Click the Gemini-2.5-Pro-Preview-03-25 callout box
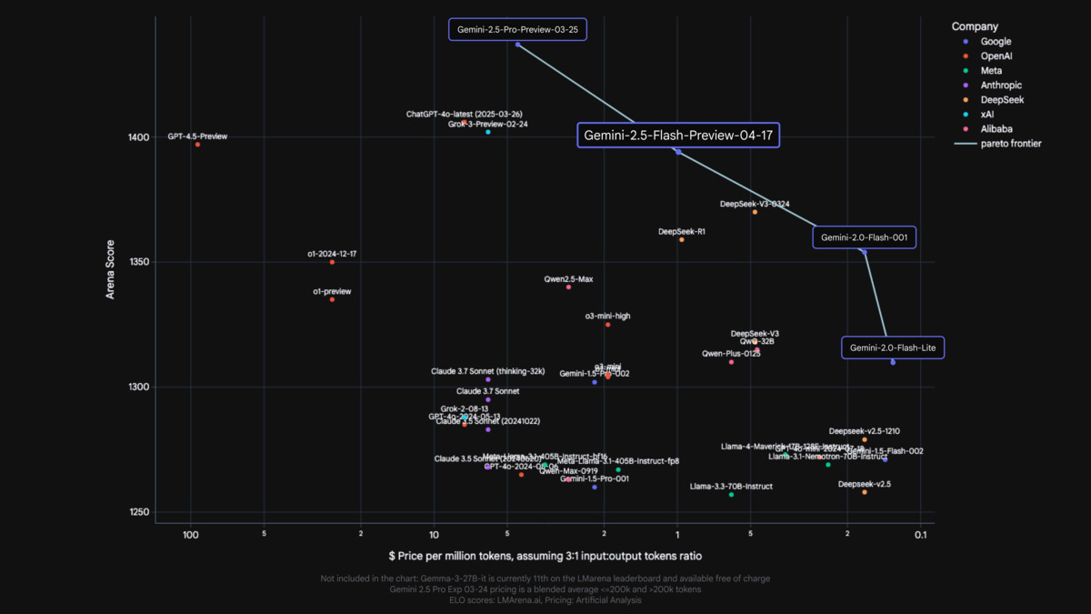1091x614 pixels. pyautogui.click(x=517, y=30)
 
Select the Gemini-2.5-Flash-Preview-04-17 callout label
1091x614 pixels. pyautogui.click(x=677, y=136)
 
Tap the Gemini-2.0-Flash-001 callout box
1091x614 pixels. pyautogui.click(x=865, y=237)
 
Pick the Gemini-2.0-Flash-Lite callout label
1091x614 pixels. pyautogui.click(x=893, y=347)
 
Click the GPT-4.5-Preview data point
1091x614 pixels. pyautogui.click(x=197, y=145)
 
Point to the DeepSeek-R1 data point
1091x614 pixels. pyautogui.click(x=682, y=240)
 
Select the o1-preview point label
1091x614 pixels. pyautogui.click(x=332, y=291)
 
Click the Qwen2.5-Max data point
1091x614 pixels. pyautogui.click(x=569, y=287)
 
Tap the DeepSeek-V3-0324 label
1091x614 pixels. pyautogui.click(x=754, y=204)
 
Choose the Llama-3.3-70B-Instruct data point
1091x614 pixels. pyautogui.click(x=731, y=495)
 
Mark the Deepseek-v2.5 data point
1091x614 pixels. pyautogui.click(x=865, y=492)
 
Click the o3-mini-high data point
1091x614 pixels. pyautogui.click(x=607, y=325)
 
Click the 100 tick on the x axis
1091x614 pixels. pyautogui.click(x=190, y=534)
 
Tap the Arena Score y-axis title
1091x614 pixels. pyautogui.click(x=110, y=268)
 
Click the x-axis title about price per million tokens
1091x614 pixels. pyautogui.click(x=545, y=555)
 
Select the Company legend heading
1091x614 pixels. pyautogui.click(x=975, y=26)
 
